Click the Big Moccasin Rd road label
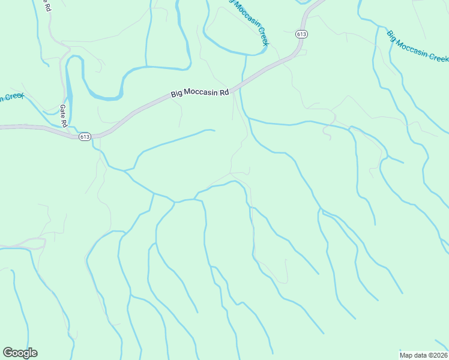[x=200, y=93]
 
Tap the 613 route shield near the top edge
[x=301, y=34]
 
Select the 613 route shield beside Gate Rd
[x=84, y=137]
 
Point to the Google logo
[x=20, y=353]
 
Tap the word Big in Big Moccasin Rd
[x=176, y=94]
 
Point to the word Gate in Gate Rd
[x=62, y=112]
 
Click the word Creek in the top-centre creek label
[x=262, y=37]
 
